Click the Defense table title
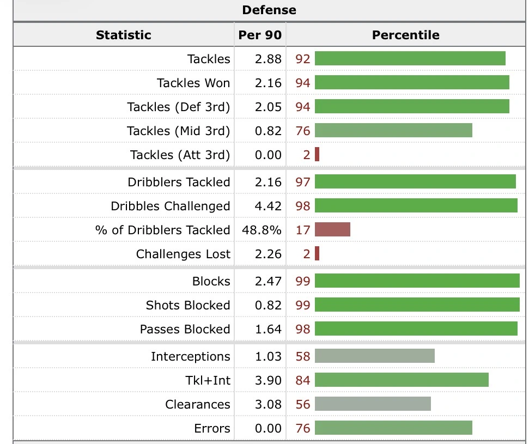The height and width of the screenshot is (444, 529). [x=269, y=10]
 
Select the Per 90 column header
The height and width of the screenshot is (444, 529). [x=260, y=35]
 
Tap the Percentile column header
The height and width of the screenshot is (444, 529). [x=405, y=35]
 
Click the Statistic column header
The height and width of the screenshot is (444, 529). [x=123, y=35]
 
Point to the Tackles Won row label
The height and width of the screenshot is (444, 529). [x=193, y=83]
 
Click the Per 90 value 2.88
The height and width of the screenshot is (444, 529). [x=268, y=59]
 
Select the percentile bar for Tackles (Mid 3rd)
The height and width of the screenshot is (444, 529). [x=393, y=131]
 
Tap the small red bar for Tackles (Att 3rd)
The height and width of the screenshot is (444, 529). [x=317, y=155]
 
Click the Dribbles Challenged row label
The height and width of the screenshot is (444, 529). [x=170, y=206]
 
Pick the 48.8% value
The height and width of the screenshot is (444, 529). [x=262, y=230]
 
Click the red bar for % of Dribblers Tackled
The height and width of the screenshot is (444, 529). [x=332, y=230]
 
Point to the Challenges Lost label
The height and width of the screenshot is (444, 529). [x=183, y=254]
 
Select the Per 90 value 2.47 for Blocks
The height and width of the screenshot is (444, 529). [x=268, y=281]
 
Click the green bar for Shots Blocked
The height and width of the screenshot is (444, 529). [x=417, y=305]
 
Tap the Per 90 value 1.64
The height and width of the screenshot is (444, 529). [x=268, y=329]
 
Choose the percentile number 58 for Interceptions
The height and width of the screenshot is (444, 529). [x=303, y=356]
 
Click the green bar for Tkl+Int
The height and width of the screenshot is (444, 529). [x=402, y=380]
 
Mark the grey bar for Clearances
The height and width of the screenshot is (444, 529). [x=373, y=404]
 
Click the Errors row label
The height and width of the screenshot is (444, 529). [x=212, y=428]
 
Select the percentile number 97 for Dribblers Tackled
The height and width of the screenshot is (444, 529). [x=303, y=182]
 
